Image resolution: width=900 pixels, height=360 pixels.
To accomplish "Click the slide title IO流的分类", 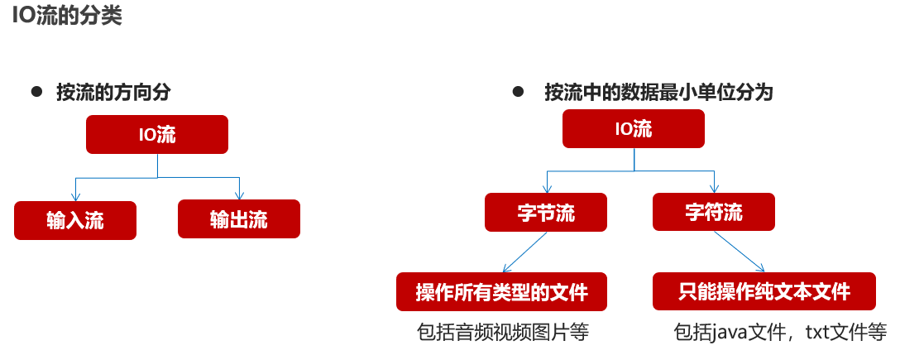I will pyautogui.click(x=66, y=17).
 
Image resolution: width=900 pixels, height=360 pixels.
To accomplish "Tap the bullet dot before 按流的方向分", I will pyautogui.click(x=36, y=91).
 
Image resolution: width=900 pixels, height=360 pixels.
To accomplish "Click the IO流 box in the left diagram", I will pyautogui.click(x=156, y=135).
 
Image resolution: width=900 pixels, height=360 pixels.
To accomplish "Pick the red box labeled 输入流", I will pyautogui.click(x=75, y=220).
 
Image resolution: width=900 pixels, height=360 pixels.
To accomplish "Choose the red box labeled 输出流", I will pyautogui.click(x=239, y=220).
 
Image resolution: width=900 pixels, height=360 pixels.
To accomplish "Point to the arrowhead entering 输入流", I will pyautogui.click(x=75, y=197).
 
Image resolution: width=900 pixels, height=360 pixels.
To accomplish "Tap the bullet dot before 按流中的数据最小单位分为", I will pyautogui.click(x=519, y=91).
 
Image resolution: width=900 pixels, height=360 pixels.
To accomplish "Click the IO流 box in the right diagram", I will pyautogui.click(x=634, y=129).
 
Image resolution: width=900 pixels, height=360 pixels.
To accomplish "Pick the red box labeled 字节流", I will pyautogui.click(x=546, y=212).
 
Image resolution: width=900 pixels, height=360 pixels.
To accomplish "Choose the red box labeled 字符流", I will pyautogui.click(x=714, y=212).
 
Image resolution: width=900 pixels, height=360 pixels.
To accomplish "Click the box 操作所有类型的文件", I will pyautogui.click(x=501, y=291).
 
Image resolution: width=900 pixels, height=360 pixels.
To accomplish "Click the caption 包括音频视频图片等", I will pyautogui.click(x=501, y=333).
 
